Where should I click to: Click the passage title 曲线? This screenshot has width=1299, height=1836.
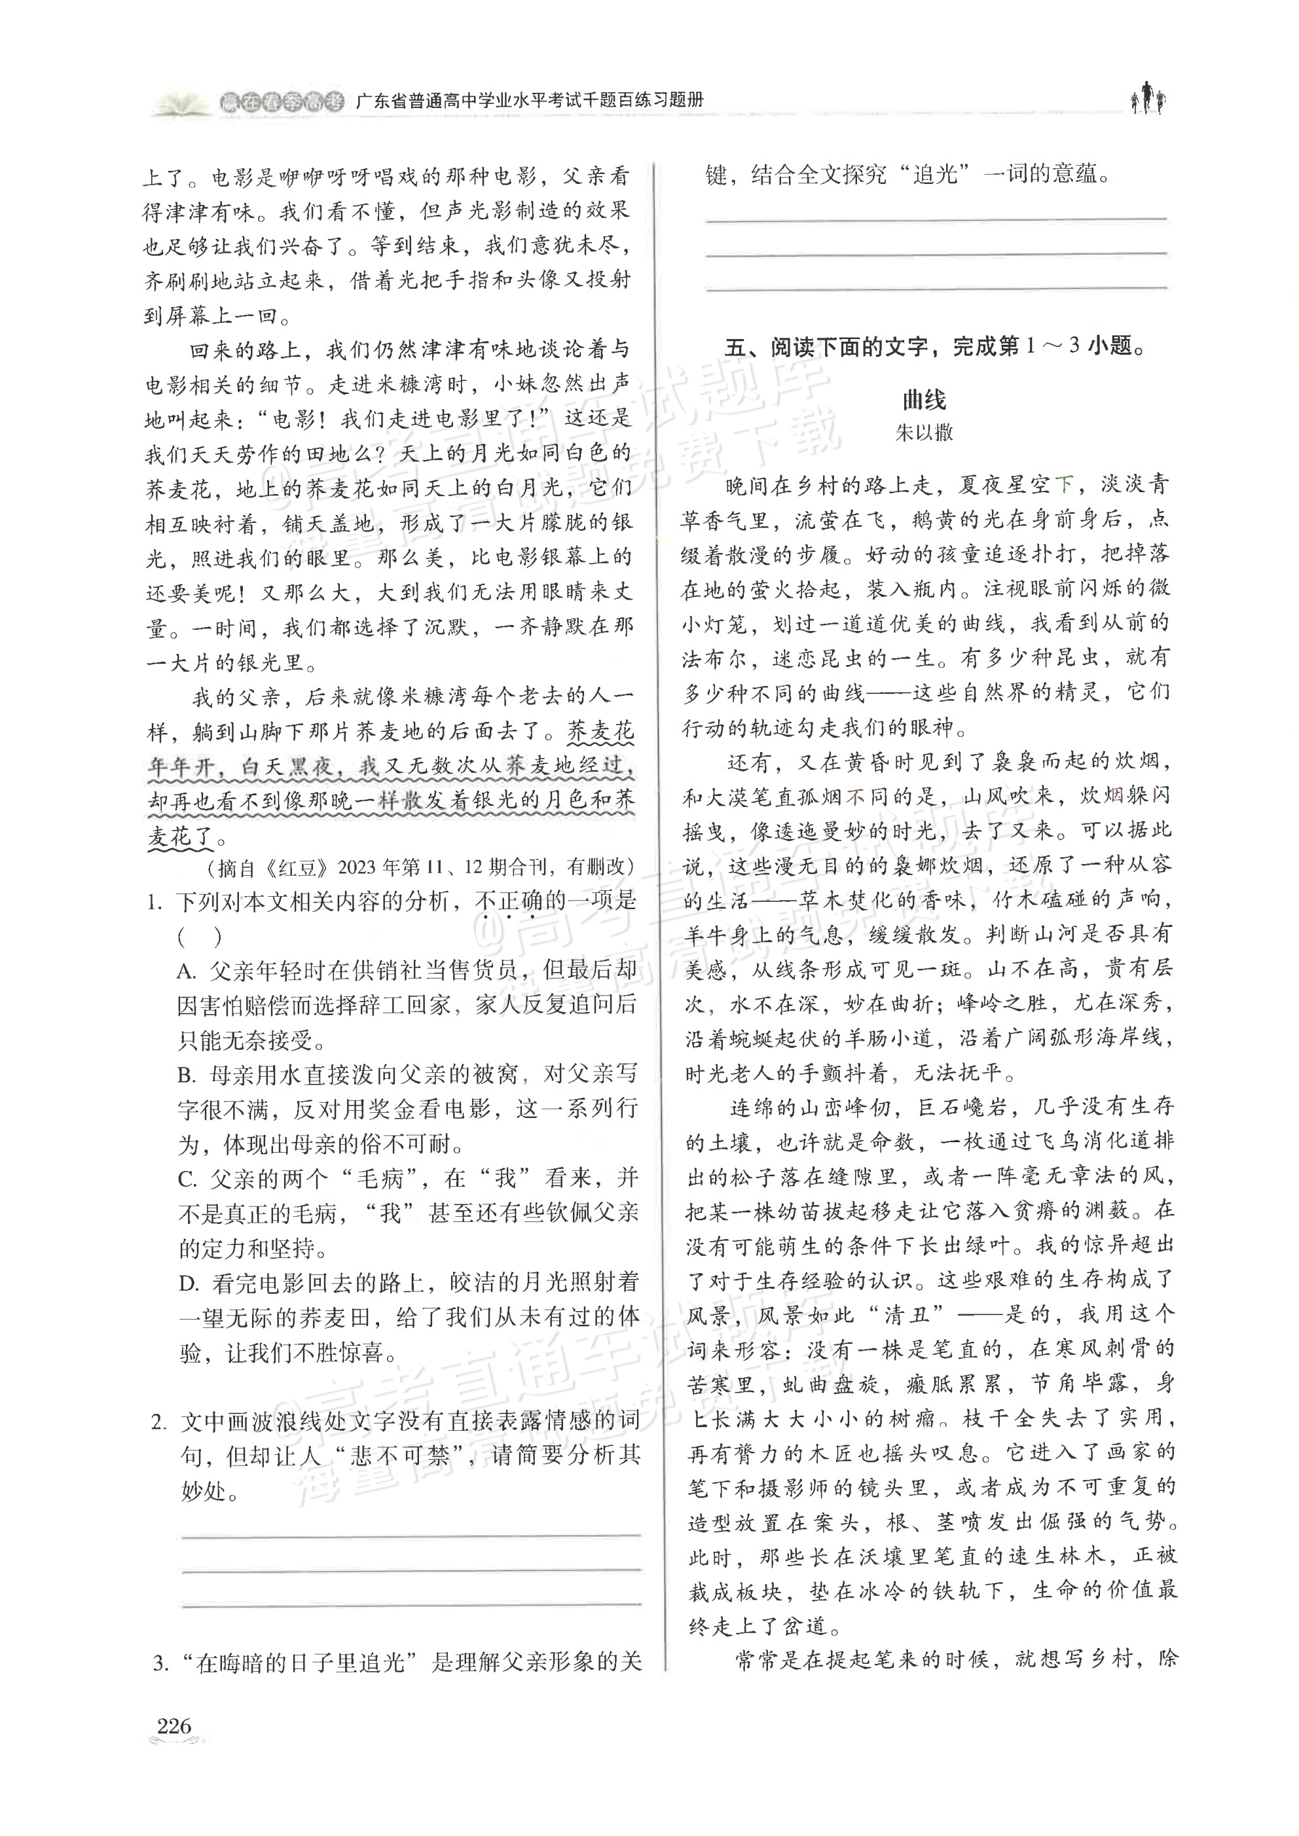pyautogui.click(x=924, y=399)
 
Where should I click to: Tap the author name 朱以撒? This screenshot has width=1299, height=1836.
pyautogui.click(x=924, y=433)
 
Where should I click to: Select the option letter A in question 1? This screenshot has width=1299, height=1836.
pyautogui.click(x=187, y=971)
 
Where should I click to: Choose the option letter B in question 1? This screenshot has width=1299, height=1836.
pyautogui.click(x=187, y=1075)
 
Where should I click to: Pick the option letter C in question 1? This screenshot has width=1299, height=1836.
pyautogui.click(x=187, y=1179)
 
